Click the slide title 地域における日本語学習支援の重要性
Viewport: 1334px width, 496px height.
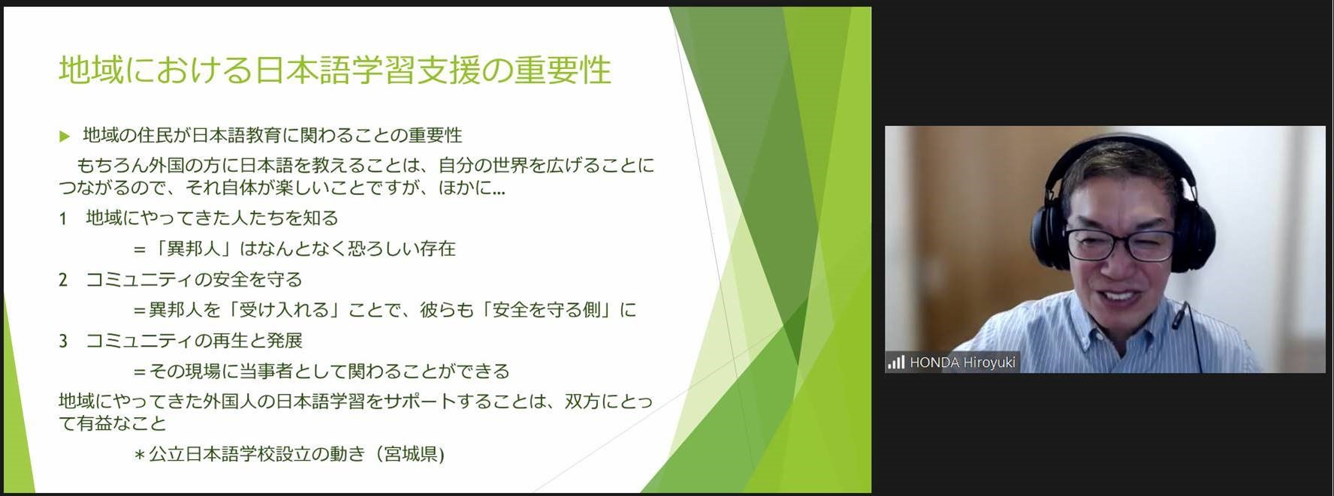point(335,70)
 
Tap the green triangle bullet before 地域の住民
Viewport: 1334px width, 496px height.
point(65,136)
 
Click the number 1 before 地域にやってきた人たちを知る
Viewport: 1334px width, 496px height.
point(63,218)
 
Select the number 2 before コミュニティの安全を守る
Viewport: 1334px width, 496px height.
point(63,280)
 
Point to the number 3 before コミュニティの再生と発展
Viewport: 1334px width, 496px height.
point(63,341)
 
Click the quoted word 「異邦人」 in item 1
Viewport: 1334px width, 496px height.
point(193,248)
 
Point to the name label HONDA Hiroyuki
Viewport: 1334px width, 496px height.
point(962,362)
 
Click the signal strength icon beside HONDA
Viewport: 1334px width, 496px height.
point(896,362)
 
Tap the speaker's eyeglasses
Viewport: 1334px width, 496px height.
point(1118,245)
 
